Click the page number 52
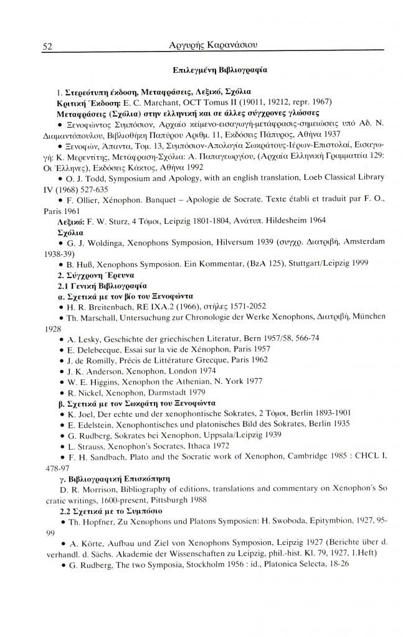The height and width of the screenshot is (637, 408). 47,45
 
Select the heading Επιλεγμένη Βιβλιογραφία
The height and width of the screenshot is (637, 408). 221,70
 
